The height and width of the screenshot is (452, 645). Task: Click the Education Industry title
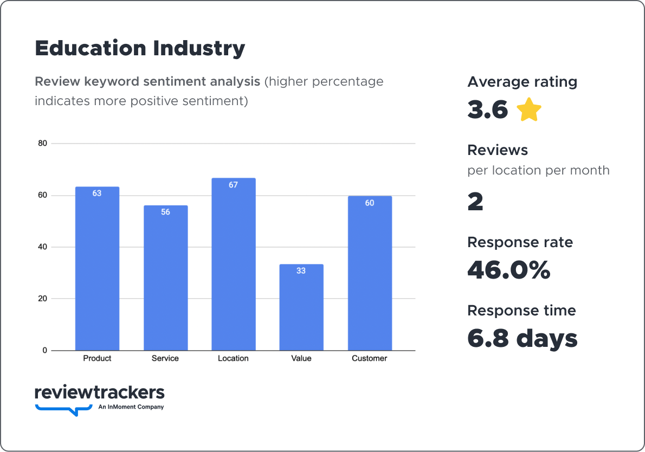click(140, 48)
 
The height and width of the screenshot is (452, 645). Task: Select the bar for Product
click(97, 268)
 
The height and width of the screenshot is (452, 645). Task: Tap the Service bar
click(165, 277)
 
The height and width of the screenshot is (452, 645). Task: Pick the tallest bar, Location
click(233, 264)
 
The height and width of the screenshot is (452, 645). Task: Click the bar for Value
click(301, 307)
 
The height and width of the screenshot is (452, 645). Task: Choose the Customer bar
click(370, 273)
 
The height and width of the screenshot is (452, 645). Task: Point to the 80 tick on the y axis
click(42, 144)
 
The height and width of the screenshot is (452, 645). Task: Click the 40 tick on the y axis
click(42, 247)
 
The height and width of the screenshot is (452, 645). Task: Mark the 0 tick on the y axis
click(44, 351)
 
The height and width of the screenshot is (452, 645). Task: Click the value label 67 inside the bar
click(233, 185)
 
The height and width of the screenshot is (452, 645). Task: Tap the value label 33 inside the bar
click(301, 270)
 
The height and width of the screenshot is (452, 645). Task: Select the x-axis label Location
click(233, 358)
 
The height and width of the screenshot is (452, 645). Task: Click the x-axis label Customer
click(370, 358)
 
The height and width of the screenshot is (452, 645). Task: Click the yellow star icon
click(529, 110)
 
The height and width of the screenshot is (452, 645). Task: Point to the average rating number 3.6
click(488, 110)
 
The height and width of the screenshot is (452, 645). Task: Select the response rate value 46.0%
click(508, 270)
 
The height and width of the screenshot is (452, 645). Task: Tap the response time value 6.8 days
click(523, 338)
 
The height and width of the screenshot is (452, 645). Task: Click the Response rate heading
click(520, 242)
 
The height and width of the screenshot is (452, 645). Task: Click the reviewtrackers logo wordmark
click(99, 392)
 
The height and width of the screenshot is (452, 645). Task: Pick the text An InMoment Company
click(131, 407)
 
